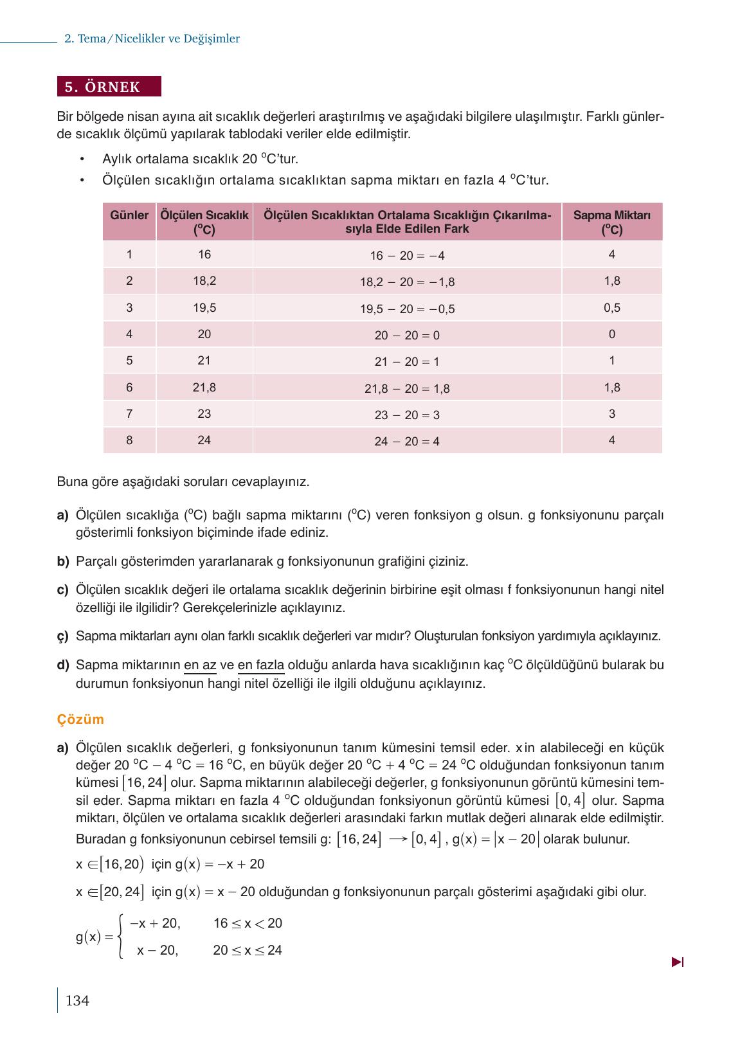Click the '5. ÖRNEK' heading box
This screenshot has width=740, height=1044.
pos(109,87)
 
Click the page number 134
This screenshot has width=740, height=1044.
pos(77,1000)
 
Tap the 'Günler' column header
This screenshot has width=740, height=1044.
pos(129,215)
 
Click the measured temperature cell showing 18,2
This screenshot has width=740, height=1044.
pos(204,281)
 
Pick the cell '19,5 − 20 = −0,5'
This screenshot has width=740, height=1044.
pos(407,309)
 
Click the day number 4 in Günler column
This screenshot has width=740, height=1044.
pos(129,334)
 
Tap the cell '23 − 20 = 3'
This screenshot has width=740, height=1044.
pos(407,415)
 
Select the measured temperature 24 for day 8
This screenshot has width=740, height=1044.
pos(204,440)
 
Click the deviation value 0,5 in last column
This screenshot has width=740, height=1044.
pos(611,308)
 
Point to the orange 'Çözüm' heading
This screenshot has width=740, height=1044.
pos(80,719)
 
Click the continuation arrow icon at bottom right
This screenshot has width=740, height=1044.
pos(677,962)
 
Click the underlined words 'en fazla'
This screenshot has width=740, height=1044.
pos(261,665)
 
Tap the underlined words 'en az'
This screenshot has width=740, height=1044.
pos(200,665)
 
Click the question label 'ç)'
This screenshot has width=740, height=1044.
pos(62,636)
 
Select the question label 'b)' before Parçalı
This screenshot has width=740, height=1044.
pos(62,561)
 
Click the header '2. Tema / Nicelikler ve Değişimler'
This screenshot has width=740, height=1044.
pos(152,39)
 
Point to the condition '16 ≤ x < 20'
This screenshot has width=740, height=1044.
pos(248,924)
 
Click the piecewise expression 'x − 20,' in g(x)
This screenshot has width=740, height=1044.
pos(157,950)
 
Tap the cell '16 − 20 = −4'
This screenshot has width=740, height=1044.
pos(407,256)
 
